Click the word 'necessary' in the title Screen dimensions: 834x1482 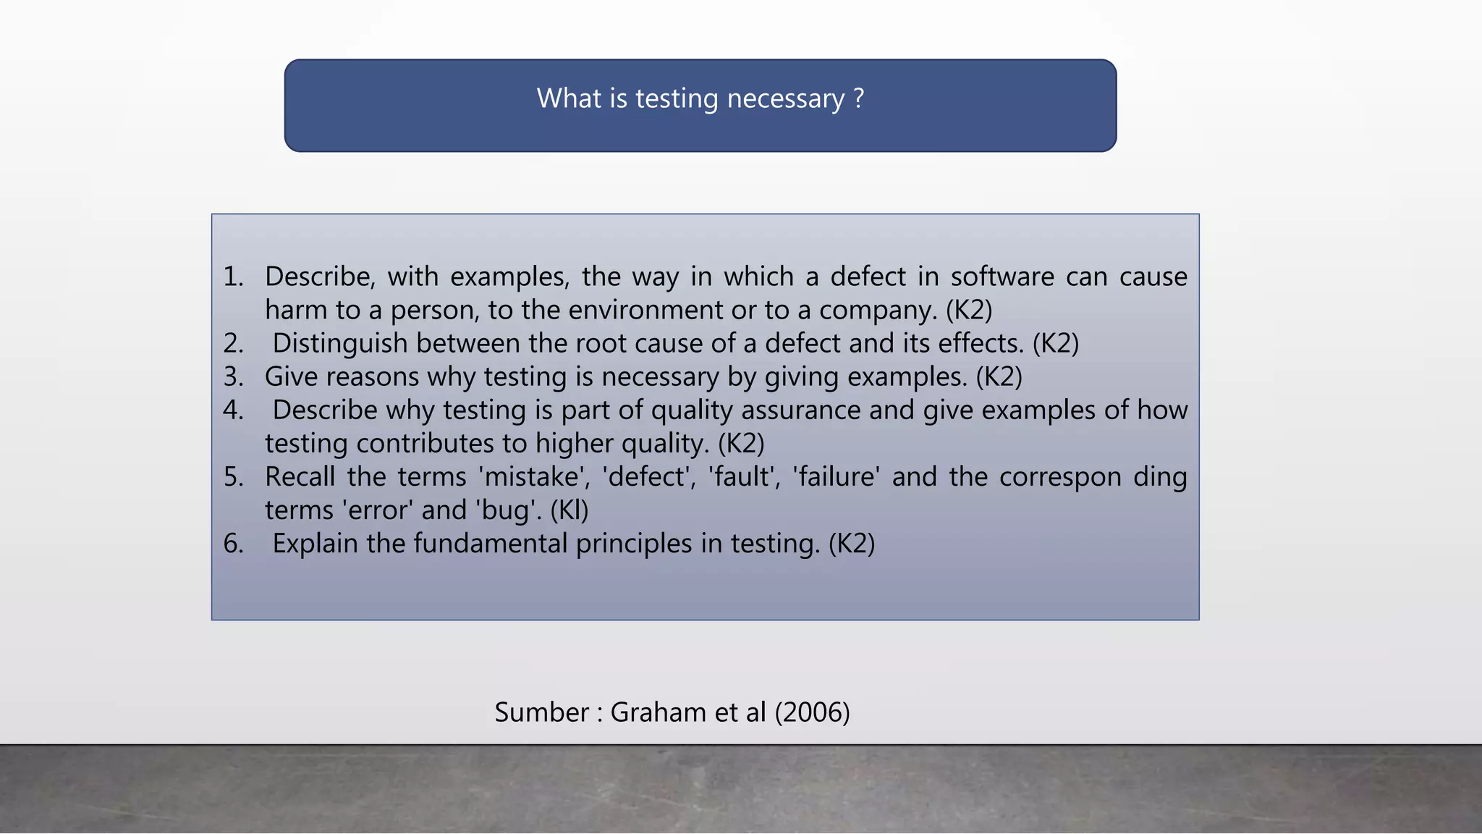pos(785,98)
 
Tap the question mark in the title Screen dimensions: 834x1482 pos(859,98)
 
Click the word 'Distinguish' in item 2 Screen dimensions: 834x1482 pos(340,344)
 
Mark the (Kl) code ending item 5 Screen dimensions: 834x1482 pos(569,510)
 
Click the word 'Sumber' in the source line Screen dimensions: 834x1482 pos(542,712)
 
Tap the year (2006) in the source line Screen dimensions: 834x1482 pos(812,712)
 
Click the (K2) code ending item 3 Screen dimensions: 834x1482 pos(999,377)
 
